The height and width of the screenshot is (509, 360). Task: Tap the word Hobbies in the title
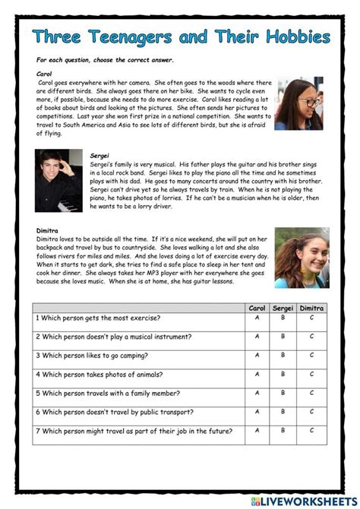(292, 37)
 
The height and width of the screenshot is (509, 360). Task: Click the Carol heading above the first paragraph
(45, 74)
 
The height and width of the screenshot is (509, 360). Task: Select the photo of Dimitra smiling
(301, 257)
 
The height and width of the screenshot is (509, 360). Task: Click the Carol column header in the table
(257, 308)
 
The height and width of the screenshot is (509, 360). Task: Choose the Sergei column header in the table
(283, 308)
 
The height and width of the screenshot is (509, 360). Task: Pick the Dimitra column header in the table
(311, 308)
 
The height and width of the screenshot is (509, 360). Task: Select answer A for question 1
(257, 318)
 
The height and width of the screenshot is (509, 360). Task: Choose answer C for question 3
(311, 356)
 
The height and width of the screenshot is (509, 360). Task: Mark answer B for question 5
(283, 394)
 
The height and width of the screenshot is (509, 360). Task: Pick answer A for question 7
(257, 432)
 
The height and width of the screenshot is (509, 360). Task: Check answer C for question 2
(311, 337)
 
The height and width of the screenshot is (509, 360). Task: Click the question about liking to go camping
(92, 356)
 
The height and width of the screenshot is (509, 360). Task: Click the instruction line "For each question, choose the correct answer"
(105, 60)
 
